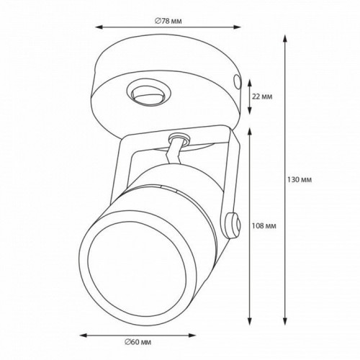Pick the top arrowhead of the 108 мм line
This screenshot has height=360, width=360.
(250, 130)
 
